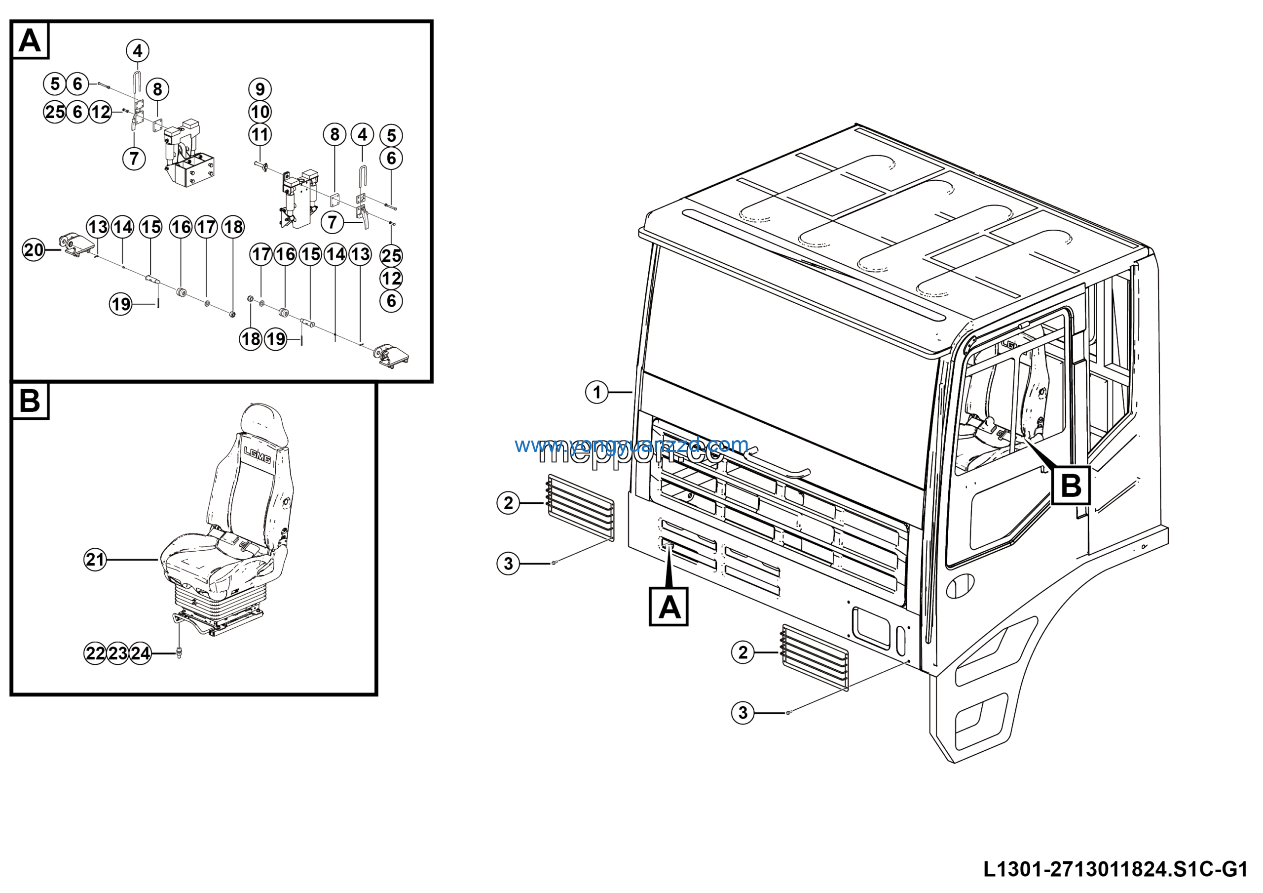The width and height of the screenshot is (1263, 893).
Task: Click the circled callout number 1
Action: click(596, 393)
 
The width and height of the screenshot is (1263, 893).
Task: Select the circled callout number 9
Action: click(260, 89)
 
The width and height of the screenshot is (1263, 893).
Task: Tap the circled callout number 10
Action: click(260, 112)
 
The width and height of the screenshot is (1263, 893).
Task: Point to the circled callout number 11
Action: click(260, 135)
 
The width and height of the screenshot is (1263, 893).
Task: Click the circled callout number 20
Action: click(34, 250)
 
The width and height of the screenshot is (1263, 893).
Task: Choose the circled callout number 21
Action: click(95, 560)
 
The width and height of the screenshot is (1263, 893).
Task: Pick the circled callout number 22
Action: click(95, 653)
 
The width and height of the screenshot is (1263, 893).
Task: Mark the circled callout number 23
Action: click(118, 653)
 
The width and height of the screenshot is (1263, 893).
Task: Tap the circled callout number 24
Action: click(140, 653)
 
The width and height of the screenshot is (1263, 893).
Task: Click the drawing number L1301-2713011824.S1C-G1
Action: click(1115, 869)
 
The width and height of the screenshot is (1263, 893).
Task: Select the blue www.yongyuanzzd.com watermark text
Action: click(631, 445)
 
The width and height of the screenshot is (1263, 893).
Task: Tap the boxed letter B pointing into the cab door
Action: click(1071, 486)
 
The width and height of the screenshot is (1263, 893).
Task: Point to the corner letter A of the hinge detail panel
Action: click(30, 40)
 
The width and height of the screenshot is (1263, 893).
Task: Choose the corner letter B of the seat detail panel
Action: click(30, 400)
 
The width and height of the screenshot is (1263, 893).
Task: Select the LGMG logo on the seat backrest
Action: click(257, 455)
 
